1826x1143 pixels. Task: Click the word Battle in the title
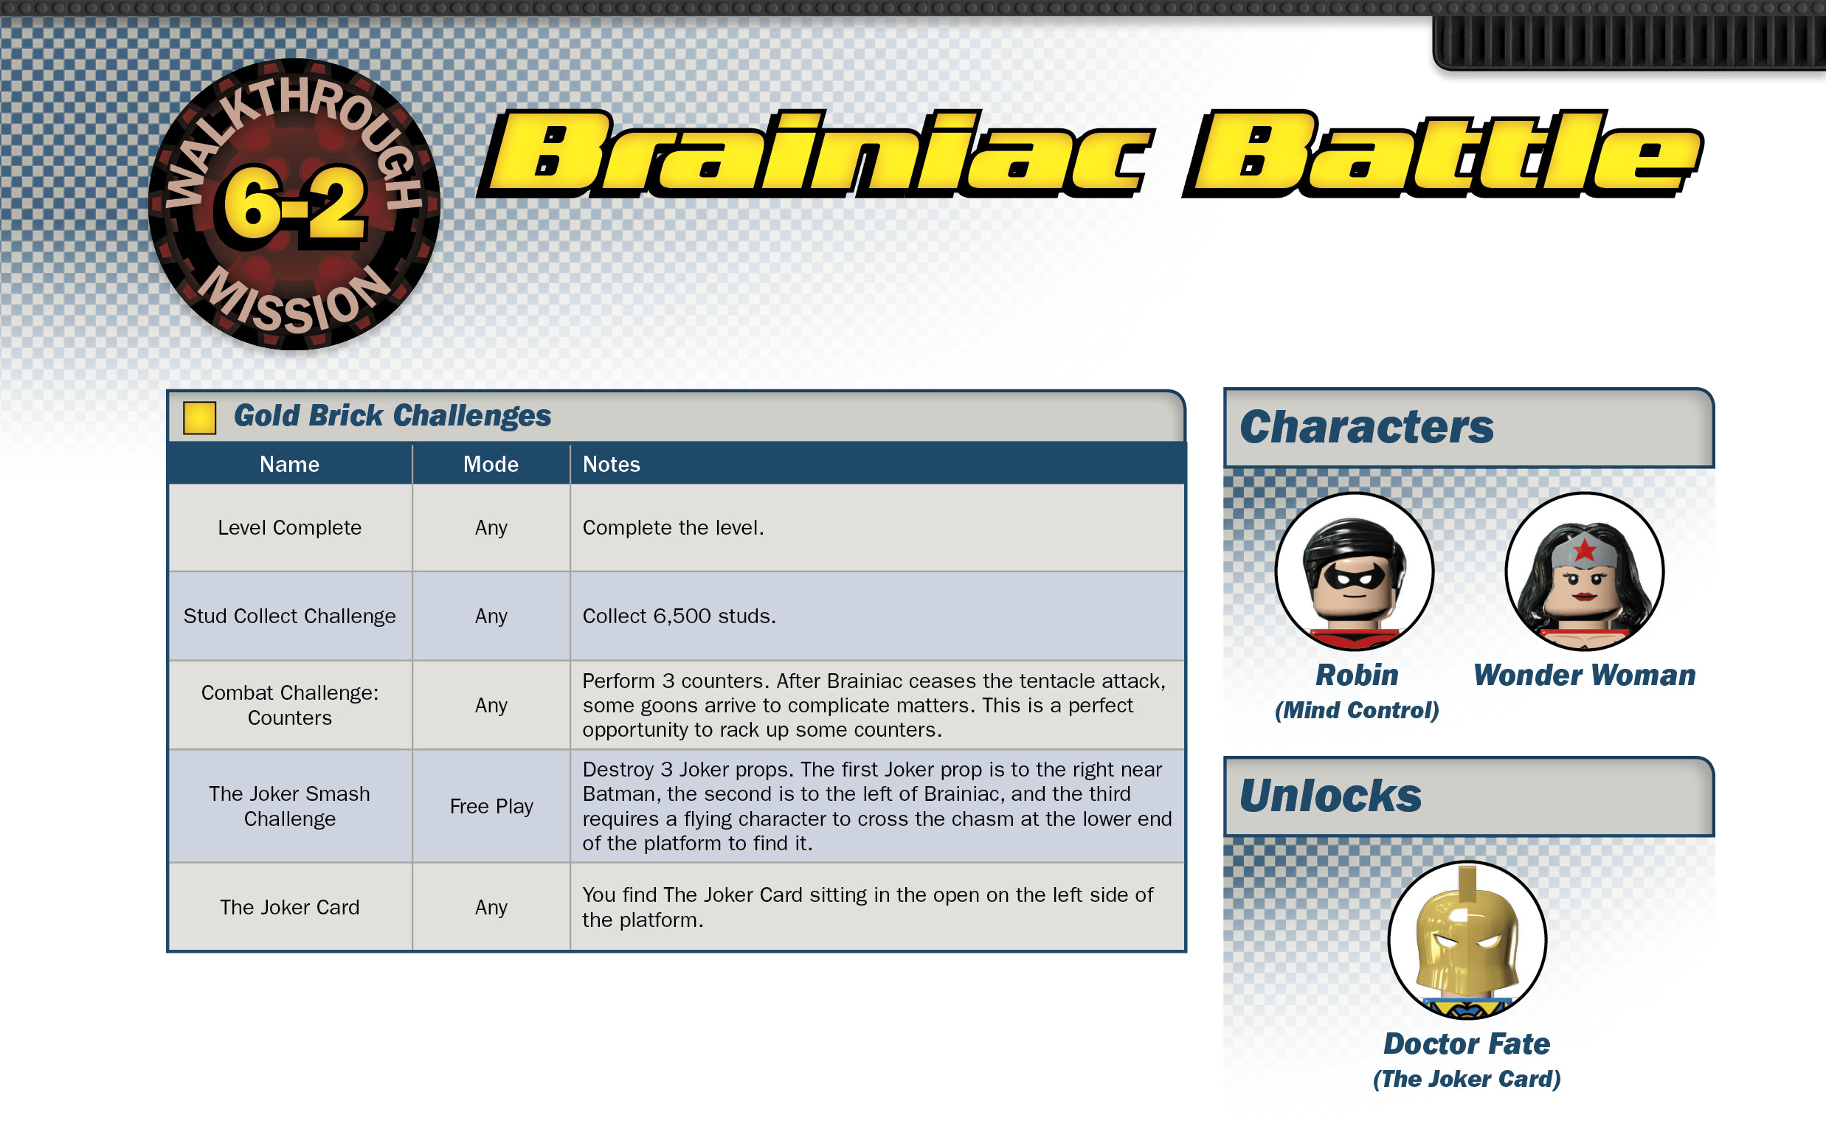pos(1442,153)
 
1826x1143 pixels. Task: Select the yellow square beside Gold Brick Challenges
pos(200,417)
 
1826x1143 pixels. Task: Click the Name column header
pos(290,464)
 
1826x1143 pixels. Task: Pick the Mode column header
pos(491,464)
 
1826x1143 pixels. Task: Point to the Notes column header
pos(611,464)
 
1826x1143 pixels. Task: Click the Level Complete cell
pos(290,528)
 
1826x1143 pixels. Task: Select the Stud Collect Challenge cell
pos(290,616)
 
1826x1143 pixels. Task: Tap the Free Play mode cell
pos(491,807)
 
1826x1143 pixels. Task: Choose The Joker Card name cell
pos(290,907)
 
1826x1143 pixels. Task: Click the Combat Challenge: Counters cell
pos(290,705)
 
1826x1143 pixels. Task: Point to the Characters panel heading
pos(1367,428)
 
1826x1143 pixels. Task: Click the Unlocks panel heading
pos(1331,796)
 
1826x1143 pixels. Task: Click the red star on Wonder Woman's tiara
pos(1584,549)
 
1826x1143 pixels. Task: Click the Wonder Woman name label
pos(1584,675)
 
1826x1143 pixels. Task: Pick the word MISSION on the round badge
pos(294,299)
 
